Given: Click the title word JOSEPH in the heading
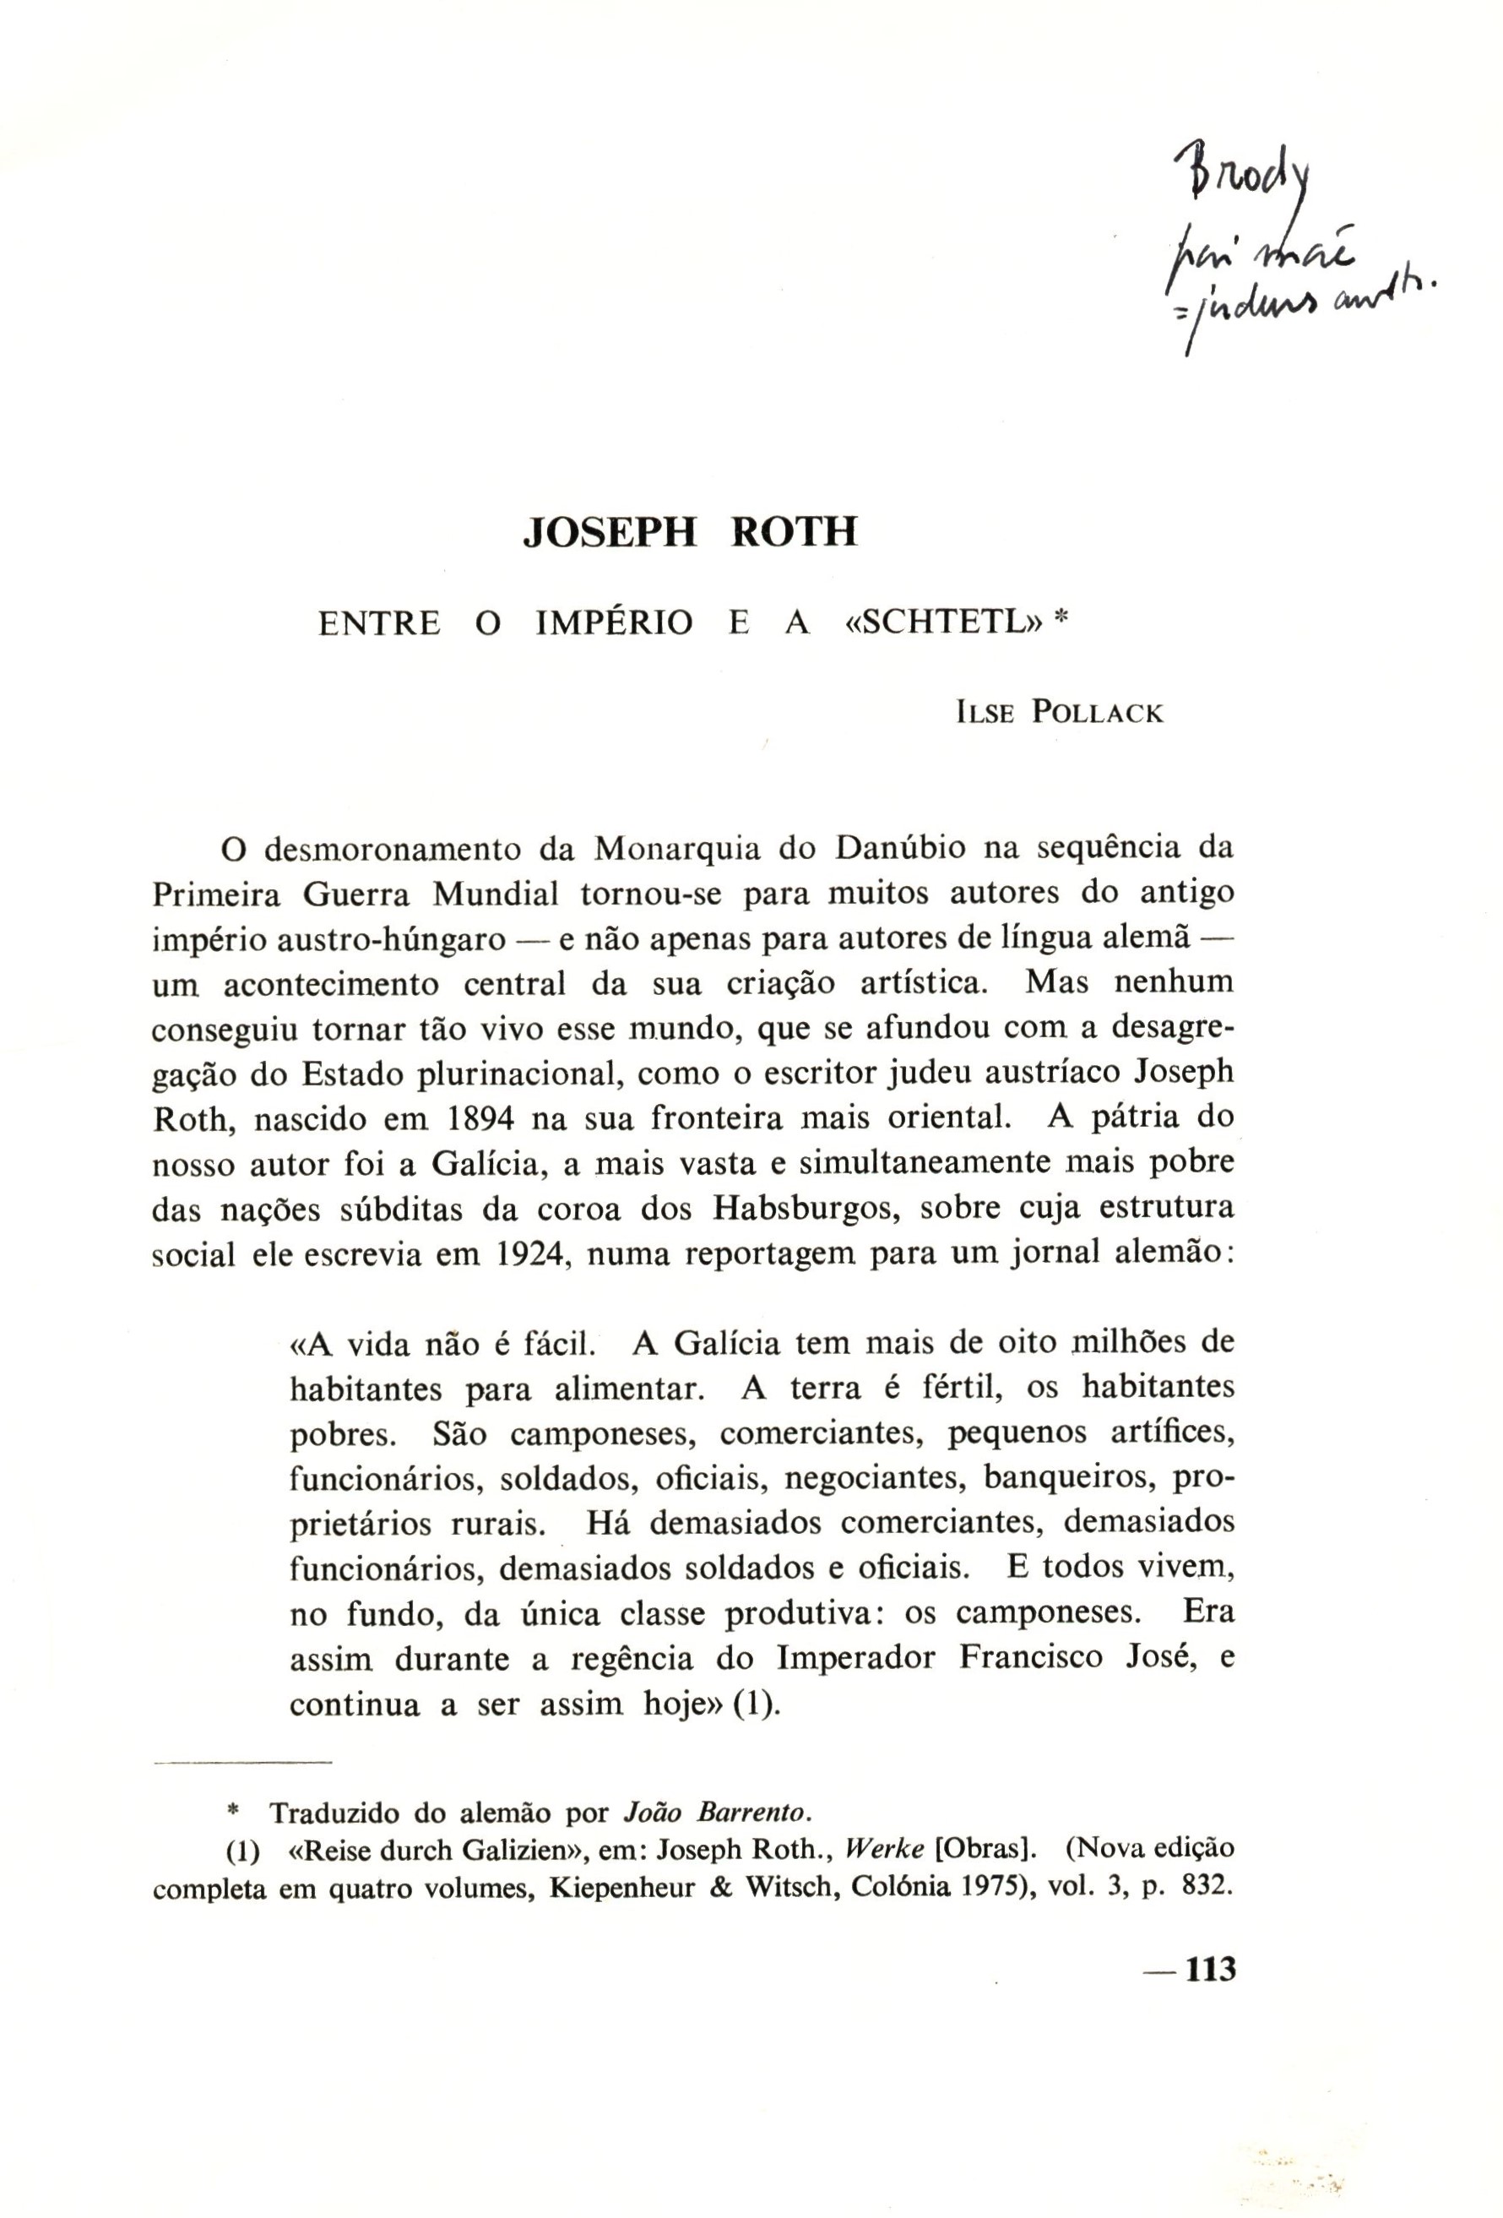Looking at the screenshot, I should click(610, 531).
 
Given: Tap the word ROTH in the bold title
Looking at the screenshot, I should click(794, 531).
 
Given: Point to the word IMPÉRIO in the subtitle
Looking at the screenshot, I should click(615, 623).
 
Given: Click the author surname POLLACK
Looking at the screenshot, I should click(1098, 713).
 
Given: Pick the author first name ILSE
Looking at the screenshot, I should click(982, 713).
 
